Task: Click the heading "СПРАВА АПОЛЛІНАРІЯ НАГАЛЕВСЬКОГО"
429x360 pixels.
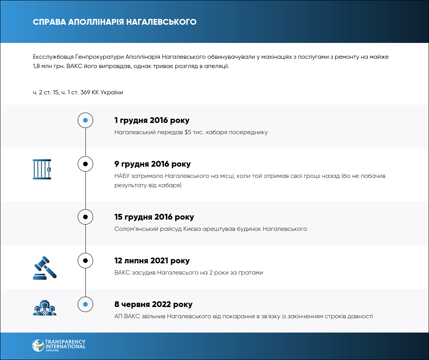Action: pos(115,22)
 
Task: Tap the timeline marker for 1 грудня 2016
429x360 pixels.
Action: pos(85,120)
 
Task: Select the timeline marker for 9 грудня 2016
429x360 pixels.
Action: pos(85,164)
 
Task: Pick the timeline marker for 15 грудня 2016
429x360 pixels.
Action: pos(85,217)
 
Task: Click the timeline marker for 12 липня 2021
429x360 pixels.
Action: pos(85,261)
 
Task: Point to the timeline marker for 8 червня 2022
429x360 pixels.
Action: pos(85,304)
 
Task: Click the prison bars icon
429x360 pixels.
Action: pos(42,169)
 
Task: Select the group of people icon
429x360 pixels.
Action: pos(44,307)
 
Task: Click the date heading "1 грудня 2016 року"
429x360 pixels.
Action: pos(152,120)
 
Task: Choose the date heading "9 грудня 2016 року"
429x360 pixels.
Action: pos(152,164)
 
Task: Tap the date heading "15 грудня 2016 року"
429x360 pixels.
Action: pos(154,217)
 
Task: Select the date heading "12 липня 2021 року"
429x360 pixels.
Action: pos(152,261)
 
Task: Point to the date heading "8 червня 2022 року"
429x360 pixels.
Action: pos(153,304)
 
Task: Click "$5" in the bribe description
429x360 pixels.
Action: pos(188,132)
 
